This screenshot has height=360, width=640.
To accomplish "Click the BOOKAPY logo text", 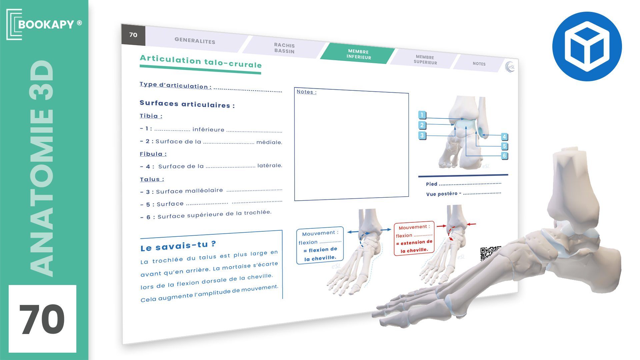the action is (x=46, y=24).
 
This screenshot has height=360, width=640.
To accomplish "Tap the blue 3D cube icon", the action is (x=587, y=46).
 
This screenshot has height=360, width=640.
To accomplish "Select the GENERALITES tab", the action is (x=195, y=41).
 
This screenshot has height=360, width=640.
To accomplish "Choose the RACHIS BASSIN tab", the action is (x=284, y=48).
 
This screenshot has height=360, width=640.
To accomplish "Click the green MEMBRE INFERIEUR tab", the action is (x=359, y=54).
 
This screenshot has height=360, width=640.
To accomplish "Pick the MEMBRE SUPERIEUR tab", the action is (x=425, y=60).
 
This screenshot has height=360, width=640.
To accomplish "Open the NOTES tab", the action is (x=479, y=64).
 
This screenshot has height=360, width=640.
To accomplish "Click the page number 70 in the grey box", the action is (x=133, y=35).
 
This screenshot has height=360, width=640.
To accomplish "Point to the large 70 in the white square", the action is (x=42, y=319).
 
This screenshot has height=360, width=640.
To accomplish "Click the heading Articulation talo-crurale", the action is (x=201, y=62).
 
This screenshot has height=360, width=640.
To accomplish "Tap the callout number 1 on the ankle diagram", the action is (x=422, y=115).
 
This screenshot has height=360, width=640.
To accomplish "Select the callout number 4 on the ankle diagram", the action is (x=504, y=137).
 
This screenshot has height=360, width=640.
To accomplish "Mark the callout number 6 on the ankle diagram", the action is (x=504, y=156).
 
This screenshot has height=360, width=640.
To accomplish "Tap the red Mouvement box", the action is (x=414, y=238).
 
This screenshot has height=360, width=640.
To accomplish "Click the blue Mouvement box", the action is (x=320, y=245).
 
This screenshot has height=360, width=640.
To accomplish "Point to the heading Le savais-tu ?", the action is (x=178, y=246).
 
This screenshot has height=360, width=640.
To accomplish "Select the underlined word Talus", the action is (x=152, y=179).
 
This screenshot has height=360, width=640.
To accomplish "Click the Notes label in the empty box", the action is (x=306, y=92).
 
